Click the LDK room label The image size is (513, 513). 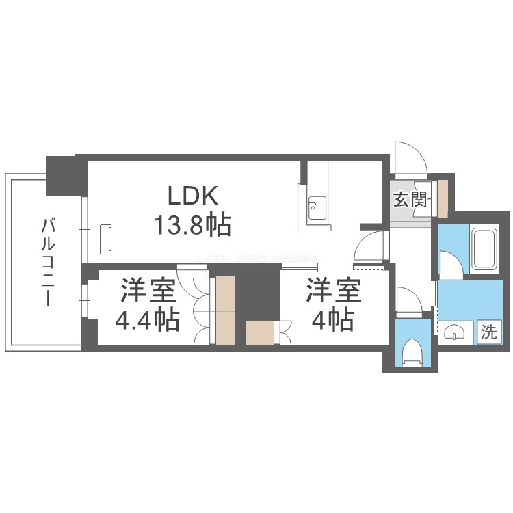point(194,196)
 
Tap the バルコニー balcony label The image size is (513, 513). point(49,261)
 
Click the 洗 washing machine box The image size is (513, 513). point(488,332)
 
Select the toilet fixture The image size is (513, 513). point(413,353)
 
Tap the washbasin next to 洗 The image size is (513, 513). point(455,333)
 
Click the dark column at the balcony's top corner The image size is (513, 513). point(64,174)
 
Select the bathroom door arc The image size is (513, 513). point(450,264)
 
